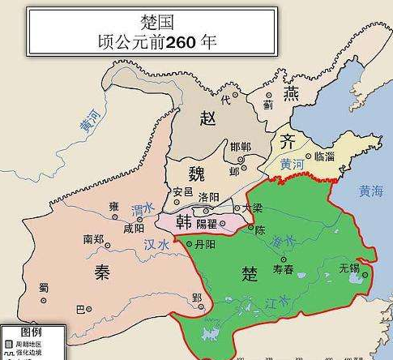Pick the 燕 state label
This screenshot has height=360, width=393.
click(290, 95)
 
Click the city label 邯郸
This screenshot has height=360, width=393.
click(241, 146)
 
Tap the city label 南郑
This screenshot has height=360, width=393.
click(94, 239)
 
